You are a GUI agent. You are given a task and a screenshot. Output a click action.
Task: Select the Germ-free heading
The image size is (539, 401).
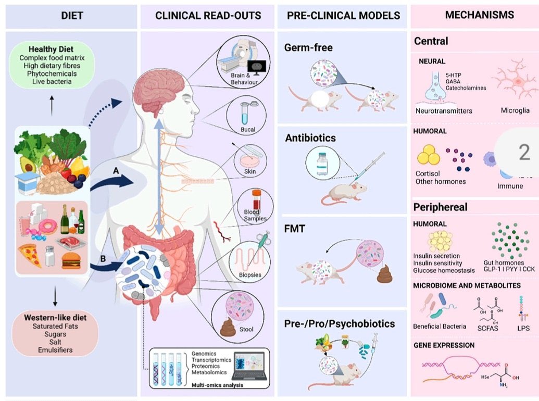click(x=308, y=48)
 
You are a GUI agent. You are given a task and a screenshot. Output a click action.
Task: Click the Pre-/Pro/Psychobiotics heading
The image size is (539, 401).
click(x=340, y=324)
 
